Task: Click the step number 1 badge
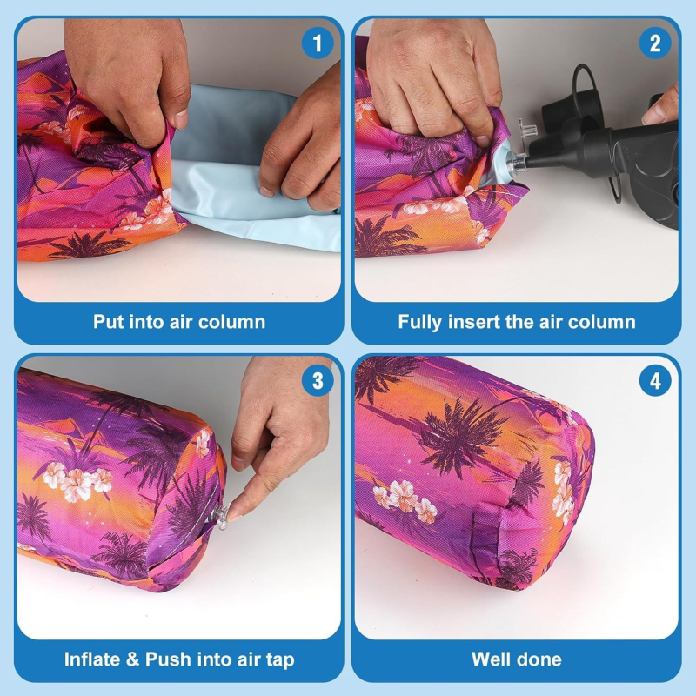[318, 43]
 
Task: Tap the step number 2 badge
[655, 43]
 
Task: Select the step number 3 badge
[318, 381]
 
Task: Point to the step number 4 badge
[655, 381]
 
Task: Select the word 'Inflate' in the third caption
[92, 659]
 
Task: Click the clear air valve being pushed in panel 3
[220, 516]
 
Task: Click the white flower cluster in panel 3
[77, 481]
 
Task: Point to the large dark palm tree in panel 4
[462, 438]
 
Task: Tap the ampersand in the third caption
[133, 659]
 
